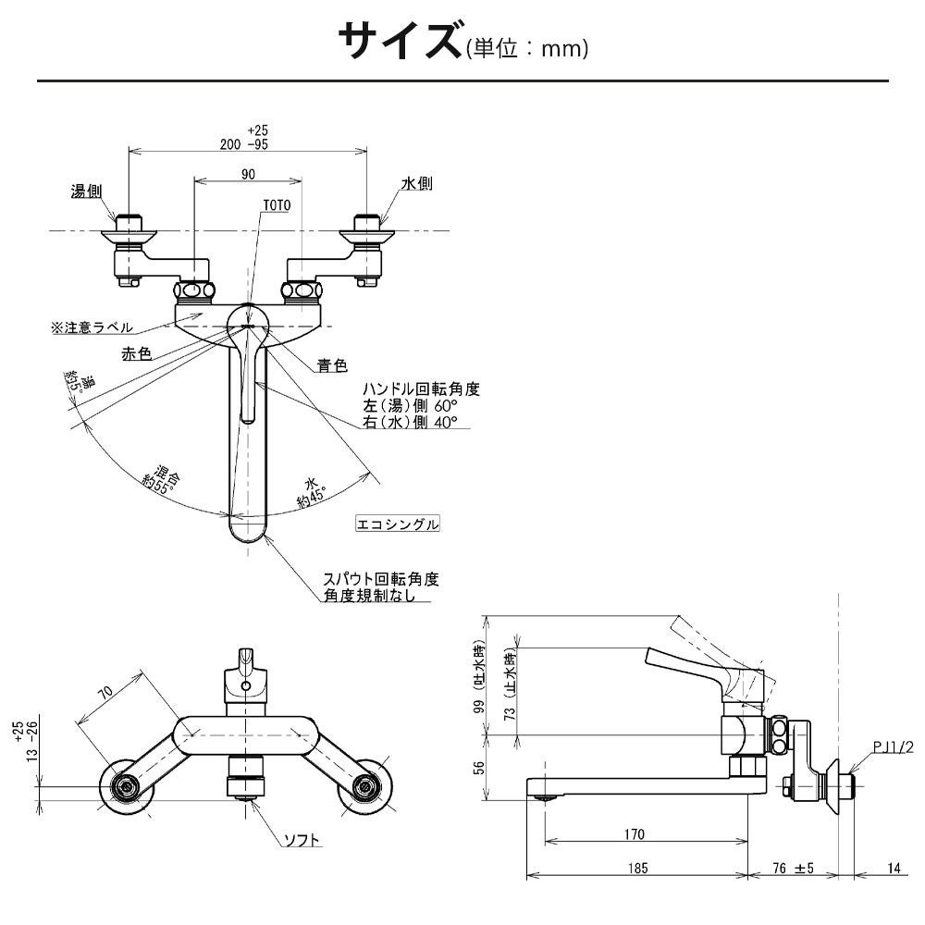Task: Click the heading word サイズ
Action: tap(399, 42)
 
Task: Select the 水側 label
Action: tap(417, 184)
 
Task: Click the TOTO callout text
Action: tap(277, 204)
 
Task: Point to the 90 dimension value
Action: tap(248, 174)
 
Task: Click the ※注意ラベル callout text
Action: tap(92, 327)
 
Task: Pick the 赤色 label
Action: tap(136, 353)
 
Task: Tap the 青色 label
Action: tap(332, 365)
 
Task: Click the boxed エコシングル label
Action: tap(398, 524)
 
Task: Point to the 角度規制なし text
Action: tap(378, 597)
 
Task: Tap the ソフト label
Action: tap(302, 840)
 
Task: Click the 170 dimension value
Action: tap(634, 834)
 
